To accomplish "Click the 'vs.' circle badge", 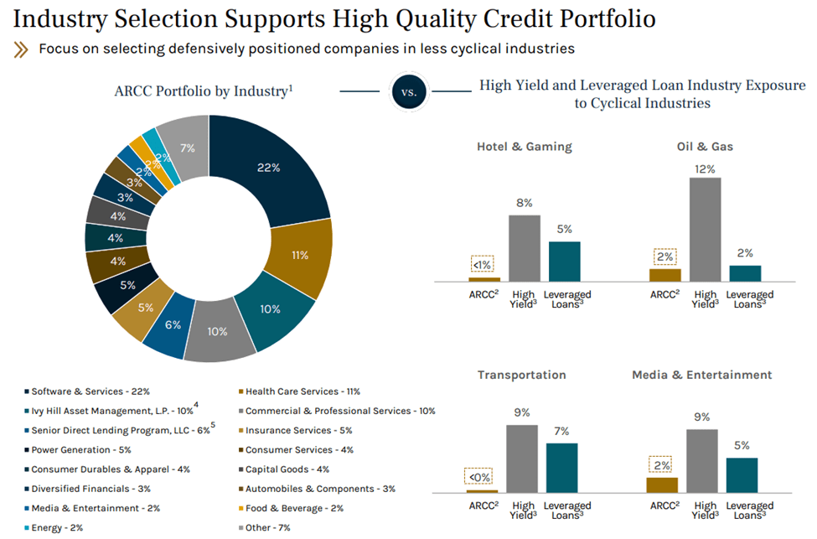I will tap(409, 93).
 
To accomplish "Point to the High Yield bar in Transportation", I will tap(523, 459).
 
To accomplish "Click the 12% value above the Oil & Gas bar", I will tap(705, 168).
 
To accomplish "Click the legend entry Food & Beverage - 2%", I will tap(289, 508).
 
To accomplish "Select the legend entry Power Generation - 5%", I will tap(76, 449).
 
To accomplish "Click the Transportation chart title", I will tap(521, 375).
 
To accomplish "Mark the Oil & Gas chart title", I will tap(706, 147).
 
